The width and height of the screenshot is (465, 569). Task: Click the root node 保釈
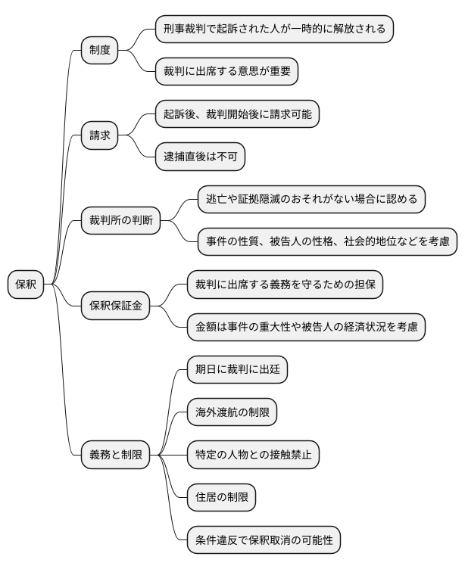click(26, 284)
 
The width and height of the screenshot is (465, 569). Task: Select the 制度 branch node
click(100, 51)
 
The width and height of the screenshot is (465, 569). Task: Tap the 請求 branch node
click(100, 135)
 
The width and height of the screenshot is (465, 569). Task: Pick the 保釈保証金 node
click(115, 306)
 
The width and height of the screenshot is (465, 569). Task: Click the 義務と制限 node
click(115, 455)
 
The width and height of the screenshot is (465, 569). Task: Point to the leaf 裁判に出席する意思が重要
click(226, 72)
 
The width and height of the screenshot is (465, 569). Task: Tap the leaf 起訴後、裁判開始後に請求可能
click(236, 114)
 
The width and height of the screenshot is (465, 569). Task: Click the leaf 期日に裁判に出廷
click(237, 370)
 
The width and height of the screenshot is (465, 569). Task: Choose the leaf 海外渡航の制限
click(232, 412)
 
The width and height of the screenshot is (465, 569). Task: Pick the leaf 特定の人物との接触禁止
click(253, 455)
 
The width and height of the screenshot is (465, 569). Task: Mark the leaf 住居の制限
click(221, 497)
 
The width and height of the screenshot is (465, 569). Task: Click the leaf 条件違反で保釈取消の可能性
click(264, 540)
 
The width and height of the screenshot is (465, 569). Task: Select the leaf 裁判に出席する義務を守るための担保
click(285, 284)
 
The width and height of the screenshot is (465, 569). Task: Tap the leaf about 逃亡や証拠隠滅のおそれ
click(311, 200)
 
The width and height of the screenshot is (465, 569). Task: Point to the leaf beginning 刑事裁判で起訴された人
click(273, 30)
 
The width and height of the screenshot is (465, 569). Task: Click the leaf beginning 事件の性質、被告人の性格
click(326, 242)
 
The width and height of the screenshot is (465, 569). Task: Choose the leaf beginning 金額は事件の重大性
click(306, 327)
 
